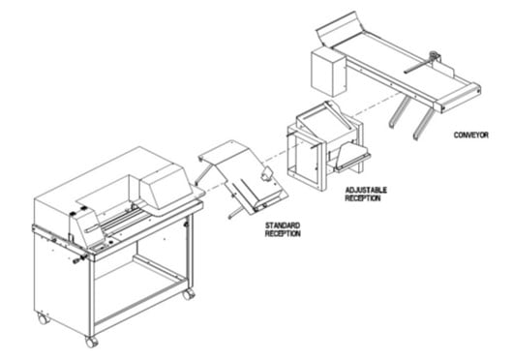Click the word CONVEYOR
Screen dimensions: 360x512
point(471,134)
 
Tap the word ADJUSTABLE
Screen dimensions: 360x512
point(365,192)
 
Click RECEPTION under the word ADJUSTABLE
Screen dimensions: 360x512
point(365,200)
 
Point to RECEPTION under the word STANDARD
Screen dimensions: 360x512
point(283,234)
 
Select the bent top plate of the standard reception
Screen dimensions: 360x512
point(223,154)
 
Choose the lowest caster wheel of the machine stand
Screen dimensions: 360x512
point(91,341)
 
